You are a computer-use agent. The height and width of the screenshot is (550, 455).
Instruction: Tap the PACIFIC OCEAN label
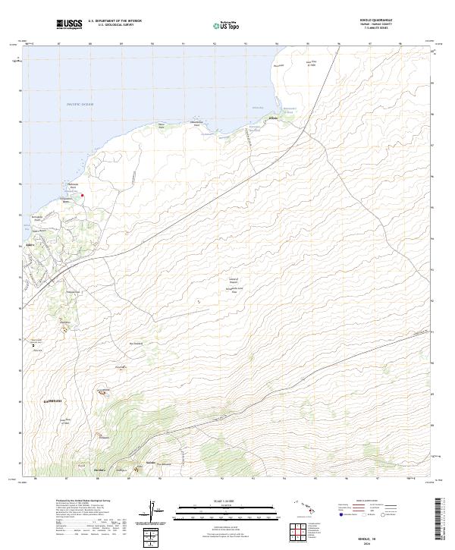(x=80, y=103)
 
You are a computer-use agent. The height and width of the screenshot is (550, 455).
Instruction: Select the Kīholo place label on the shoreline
(x=273, y=118)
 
